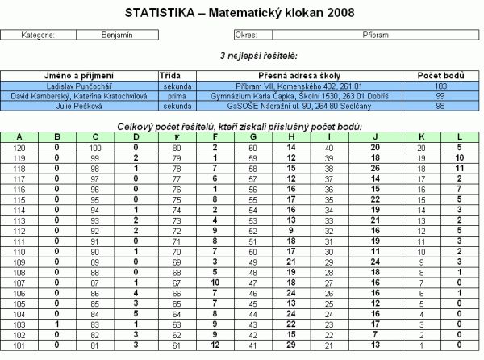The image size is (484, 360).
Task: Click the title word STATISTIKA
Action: pyautogui.click(x=158, y=13)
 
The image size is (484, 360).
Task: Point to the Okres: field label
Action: pyautogui.click(x=245, y=36)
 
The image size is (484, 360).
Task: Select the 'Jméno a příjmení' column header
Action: pyautogui.click(x=80, y=75)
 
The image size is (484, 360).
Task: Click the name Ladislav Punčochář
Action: pyautogui.click(x=80, y=86)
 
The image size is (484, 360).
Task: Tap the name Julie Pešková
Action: pyautogui.click(x=80, y=105)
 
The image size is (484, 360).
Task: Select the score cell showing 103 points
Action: pyautogui.click(x=440, y=86)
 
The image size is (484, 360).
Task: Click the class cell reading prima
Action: pyautogui.click(x=176, y=95)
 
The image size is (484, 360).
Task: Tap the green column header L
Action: pyautogui.click(x=458, y=137)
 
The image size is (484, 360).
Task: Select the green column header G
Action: pyautogui.click(x=252, y=137)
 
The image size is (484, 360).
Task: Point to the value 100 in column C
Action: pyautogui.click(x=95, y=148)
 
